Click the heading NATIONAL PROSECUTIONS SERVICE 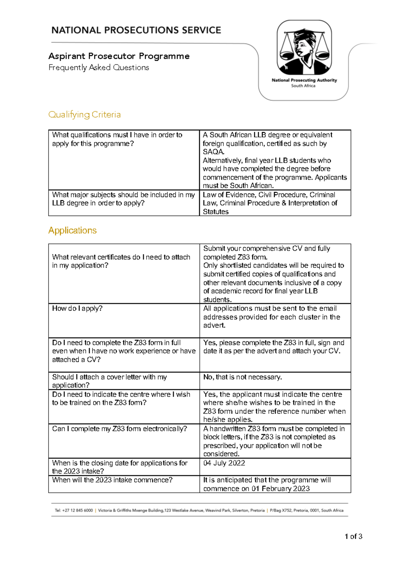(x=136, y=30)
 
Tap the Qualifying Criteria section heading (x=84, y=114)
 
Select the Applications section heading (x=72, y=230)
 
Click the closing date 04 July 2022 (x=224, y=463)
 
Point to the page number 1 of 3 (x=353, y=536)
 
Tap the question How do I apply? (x=77, y=308)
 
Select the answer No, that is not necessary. (x=242, y=377)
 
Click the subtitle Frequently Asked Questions (x=99, y=68)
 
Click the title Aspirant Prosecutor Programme (x=119, y=56)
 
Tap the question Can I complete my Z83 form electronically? (x=119, y=429)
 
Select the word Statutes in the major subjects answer (x=216, y=212)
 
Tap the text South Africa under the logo (x=303, y=86)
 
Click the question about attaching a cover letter (x=109, y=381)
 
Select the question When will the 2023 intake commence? (x=112, y=480)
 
